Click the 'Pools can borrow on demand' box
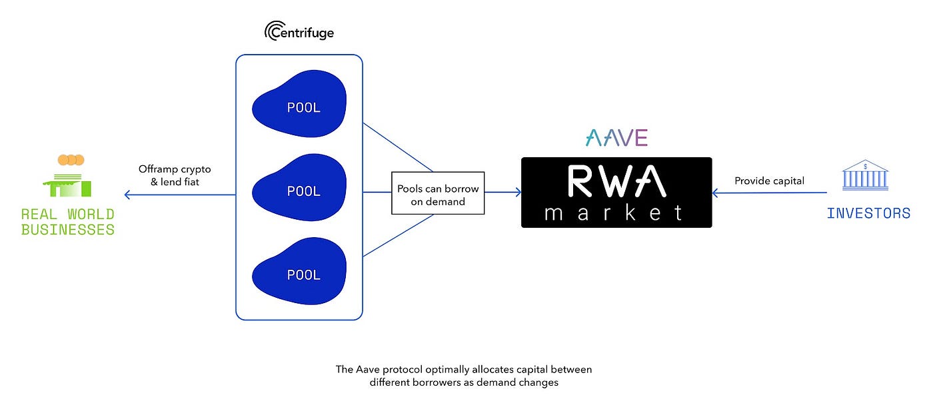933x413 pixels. pos(437,195)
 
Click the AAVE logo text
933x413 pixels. pos(616,138)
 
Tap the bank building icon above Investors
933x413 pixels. pos(864,176)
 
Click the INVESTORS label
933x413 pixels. pos(868,214)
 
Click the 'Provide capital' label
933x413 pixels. pos(769,181)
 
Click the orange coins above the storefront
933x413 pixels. pos(71,160)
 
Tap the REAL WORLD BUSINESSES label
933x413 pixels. pos(68,222)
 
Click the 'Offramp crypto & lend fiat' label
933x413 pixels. pos(175,175)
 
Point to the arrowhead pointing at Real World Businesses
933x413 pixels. pos(128,195)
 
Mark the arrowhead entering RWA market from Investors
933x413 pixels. pos(716,193)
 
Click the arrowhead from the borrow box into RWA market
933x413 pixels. pos(517,193)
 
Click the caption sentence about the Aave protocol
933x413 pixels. pos(464,376)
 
